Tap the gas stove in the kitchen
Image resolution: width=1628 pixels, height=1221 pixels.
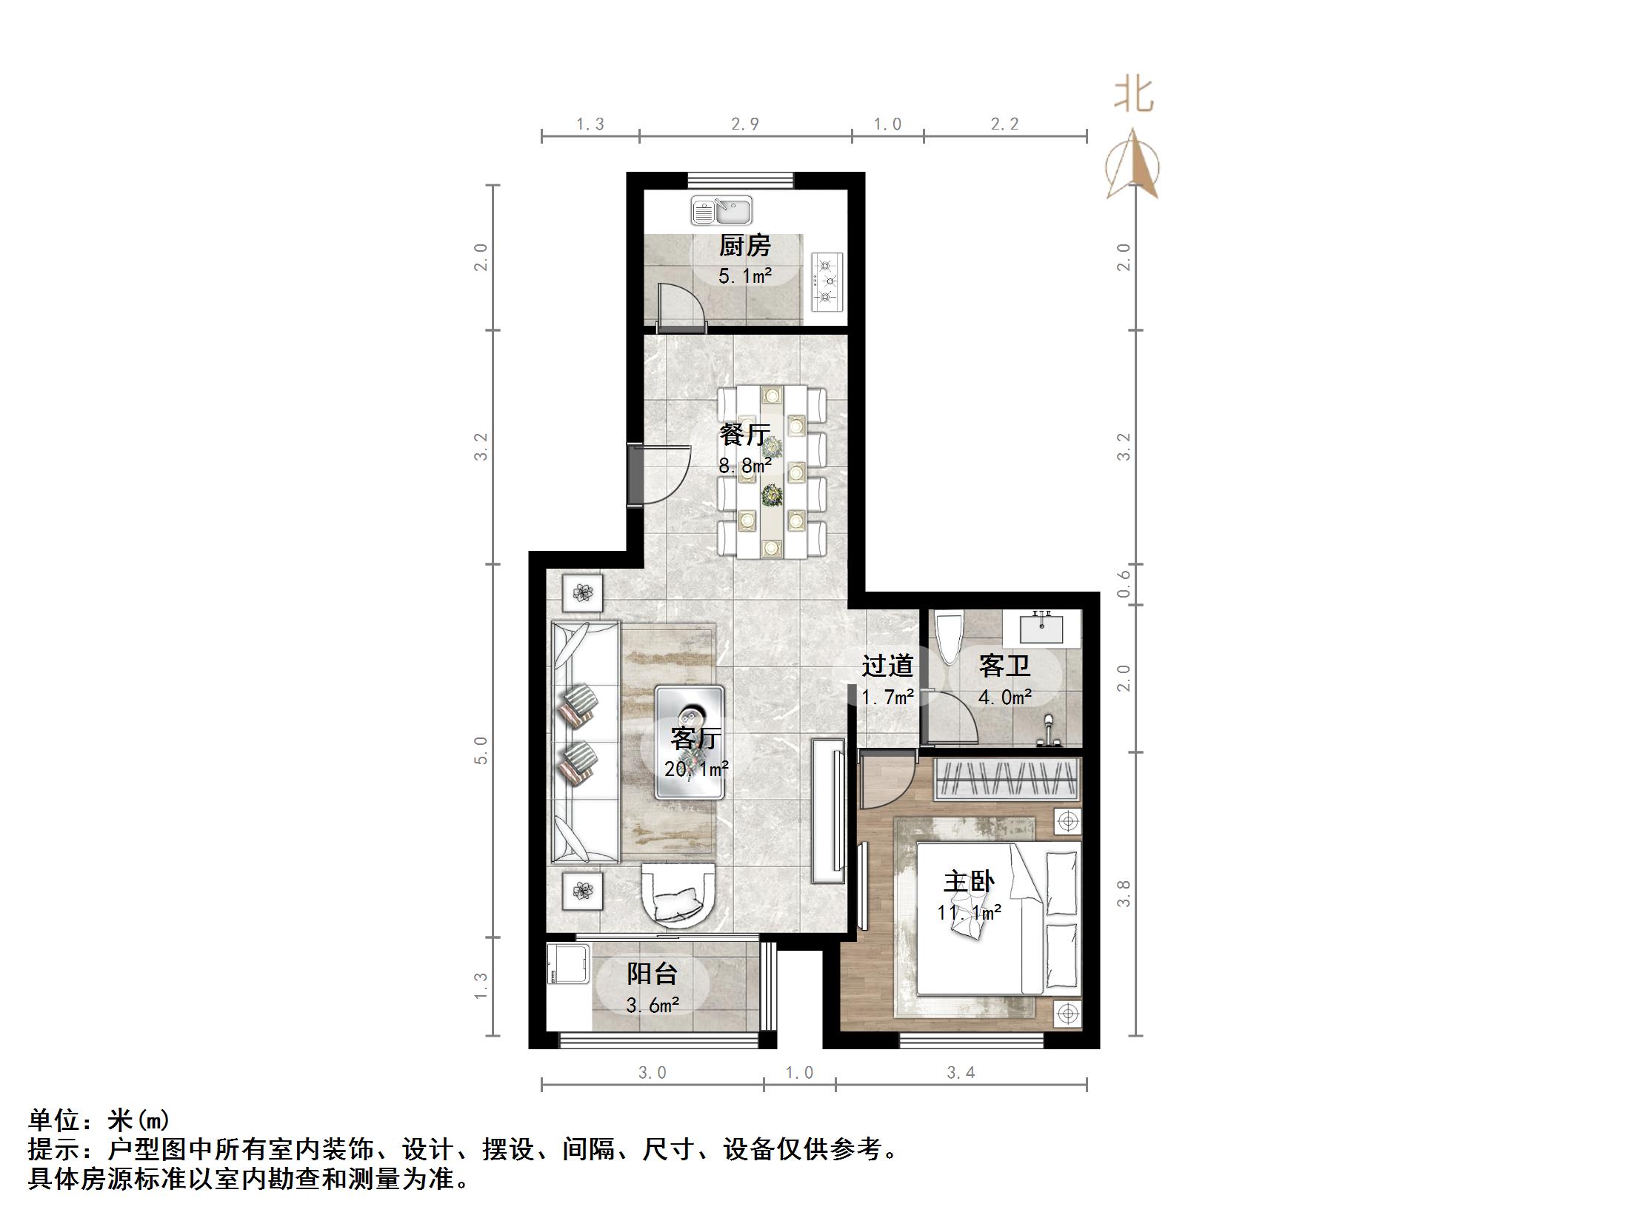[x=827, y=281]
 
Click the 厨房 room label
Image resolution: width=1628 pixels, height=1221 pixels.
[x=744, y=245]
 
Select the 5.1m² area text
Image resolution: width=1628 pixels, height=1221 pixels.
[x=744, y=277]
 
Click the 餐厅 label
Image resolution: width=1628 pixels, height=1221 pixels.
[x=744, y=435]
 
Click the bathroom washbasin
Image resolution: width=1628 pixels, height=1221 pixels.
[x=1041, y=629]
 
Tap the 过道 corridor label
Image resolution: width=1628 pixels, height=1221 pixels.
[x=887, y=666]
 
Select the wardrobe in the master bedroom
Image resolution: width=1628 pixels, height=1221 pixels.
[x=1006, y=779]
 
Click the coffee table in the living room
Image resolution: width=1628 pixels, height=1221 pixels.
[x=690, y=741]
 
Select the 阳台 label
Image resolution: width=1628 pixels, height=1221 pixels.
[x=652, y=973]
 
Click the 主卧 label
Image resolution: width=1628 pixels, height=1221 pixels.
[x=968, y=881]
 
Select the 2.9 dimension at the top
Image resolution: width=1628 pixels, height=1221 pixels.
[x=744, y=124]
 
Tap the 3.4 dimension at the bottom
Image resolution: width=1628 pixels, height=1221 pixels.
[x=961, y=1073]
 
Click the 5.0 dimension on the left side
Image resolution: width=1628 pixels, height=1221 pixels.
[x=481, y=750]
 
